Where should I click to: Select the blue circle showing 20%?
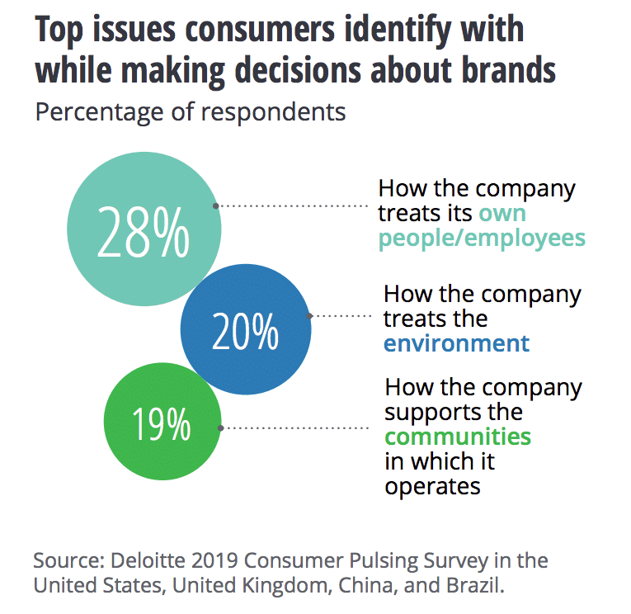[246, 330]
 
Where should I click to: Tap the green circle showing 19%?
[162, 425]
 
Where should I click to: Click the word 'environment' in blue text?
[456, 343]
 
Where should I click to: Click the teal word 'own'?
[502, 213]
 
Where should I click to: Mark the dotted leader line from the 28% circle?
[293, 205]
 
